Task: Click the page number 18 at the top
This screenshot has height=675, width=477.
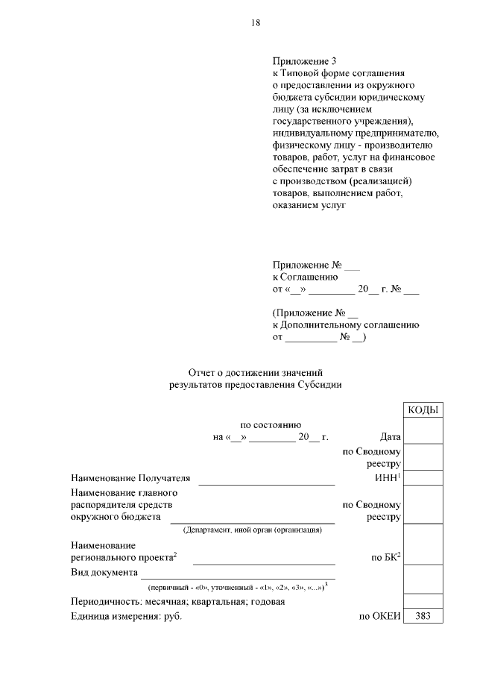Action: click(255, 23)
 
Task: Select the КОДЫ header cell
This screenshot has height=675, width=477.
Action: click(423, 410)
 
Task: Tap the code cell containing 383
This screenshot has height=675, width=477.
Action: click(423, 616)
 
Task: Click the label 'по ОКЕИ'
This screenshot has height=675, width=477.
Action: click(380, 616)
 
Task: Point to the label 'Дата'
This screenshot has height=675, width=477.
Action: click(391, 437)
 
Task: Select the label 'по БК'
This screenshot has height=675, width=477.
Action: click(386, 556)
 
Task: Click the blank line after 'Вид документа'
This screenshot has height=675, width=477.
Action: click(238, 577)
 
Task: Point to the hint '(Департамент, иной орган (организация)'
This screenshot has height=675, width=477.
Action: click(252, 530)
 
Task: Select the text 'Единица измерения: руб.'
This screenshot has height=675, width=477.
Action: click(126, 616)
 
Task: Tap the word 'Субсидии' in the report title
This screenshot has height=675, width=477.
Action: click(320, 385)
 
